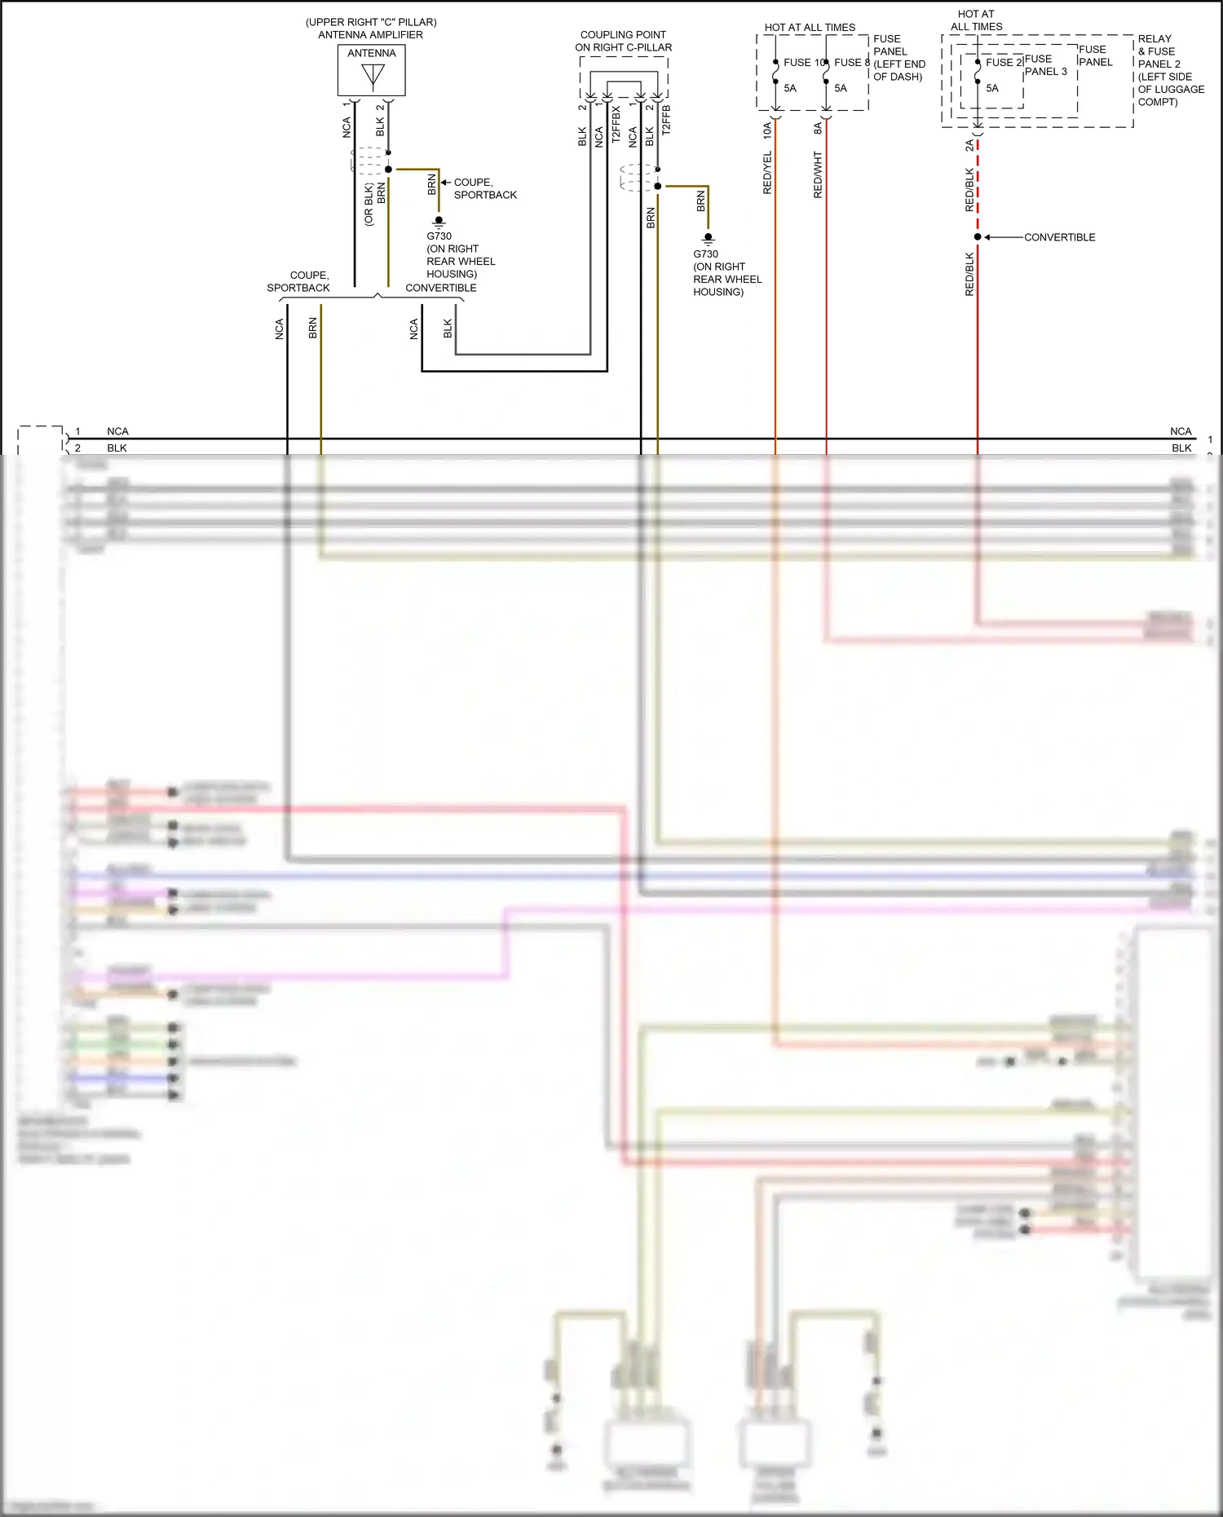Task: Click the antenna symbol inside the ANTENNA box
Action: point(373,76)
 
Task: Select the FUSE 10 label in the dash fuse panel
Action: point(804,63)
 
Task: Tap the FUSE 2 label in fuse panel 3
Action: point(1004,63)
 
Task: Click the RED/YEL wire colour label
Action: point(767,173)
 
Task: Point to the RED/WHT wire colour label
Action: point(818,174)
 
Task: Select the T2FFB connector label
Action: point(666,120)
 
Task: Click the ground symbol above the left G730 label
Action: point(439,221)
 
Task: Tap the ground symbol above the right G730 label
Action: point(708,239)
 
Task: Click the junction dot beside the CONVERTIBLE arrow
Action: point(978,237)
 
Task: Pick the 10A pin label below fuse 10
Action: point(767,130)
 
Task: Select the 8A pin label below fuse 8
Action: point(818,129)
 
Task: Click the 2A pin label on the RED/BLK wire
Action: point(969,145)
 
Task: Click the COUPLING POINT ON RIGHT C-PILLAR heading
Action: point(623,41)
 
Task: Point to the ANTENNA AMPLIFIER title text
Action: point(370,35)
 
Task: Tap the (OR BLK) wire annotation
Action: point(369,205)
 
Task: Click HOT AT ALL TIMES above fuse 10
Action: point(810,28)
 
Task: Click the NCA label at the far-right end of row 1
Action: point(1180,431)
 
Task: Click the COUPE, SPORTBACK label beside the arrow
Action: point(485,188)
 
